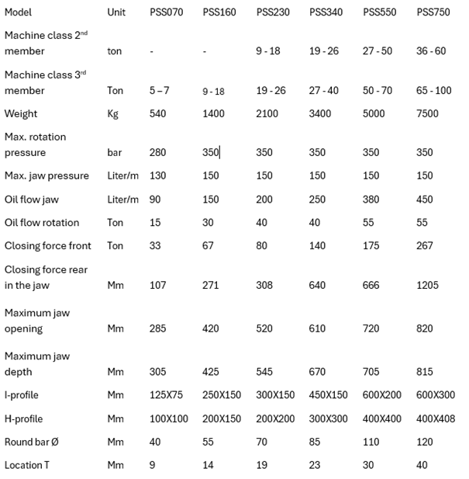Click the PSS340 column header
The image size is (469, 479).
tap(325, 12)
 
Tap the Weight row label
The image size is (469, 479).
tap(21, 114)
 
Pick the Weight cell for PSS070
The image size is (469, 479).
tap(158, 114)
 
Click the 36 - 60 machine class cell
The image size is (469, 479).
tap(431, 51)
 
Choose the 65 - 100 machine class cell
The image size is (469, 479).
tap(434, 91)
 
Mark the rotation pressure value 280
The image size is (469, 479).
tap(158, 153)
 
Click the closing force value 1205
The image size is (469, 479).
tap(428, 285)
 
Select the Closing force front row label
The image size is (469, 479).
tap(48, 246)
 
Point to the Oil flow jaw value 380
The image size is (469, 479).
tap(371, 200)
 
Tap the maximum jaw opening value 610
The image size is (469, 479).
tap(318, 328)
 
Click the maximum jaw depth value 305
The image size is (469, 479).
tap(158, 372)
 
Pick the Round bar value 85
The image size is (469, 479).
tap(316, 442)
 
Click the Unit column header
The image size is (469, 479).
tap(116, 12)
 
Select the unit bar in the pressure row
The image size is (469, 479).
tap(115, 153)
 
